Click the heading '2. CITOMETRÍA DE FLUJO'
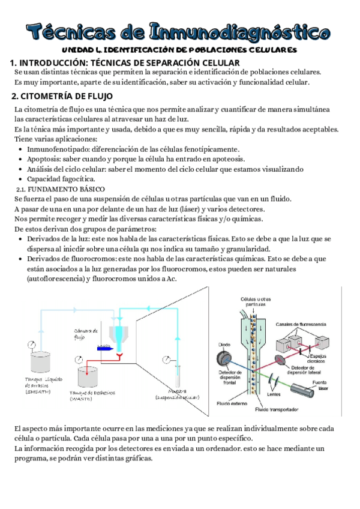pyautogui.click(x=62, y=97)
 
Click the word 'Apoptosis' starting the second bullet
pyautogui.click(x=44, y=159)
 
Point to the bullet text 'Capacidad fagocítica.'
pyautogui.click(x=61, y=179)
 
